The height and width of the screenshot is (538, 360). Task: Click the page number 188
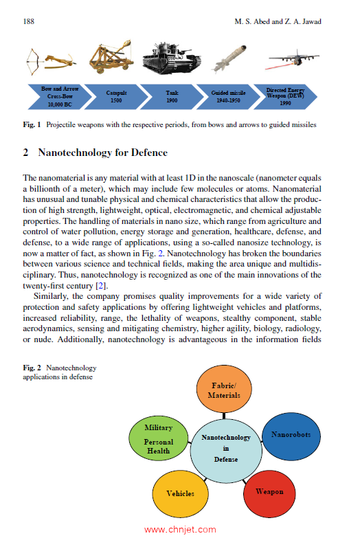click(x=30, y=22)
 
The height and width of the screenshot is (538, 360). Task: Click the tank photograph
click(x=171, y=60)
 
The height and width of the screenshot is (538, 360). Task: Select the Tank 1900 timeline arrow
click(x=172, y=97)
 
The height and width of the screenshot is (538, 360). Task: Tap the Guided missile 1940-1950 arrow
click(x=229, y=97)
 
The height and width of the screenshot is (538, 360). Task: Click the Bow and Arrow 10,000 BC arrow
click(x=59, y=97)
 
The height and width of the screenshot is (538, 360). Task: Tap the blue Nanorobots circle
click(x=291, y=435)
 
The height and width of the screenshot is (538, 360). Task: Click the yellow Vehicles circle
click(x=181, y=493)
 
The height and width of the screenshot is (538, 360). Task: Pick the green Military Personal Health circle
click(x=159, y=439)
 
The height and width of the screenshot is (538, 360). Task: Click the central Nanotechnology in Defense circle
click(x=225, y=447)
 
